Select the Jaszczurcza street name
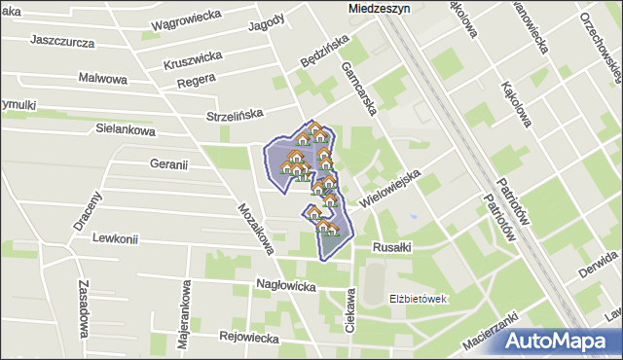click(62, 42)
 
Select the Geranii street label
click(168, 164)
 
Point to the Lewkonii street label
click(116, 238)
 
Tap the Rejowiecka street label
click(249, 338)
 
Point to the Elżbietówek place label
click(418, 299)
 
